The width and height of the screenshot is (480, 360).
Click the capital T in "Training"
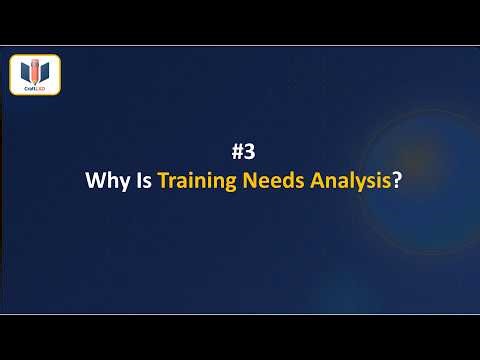[164, 184]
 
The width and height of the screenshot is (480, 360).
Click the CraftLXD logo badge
[35, 76]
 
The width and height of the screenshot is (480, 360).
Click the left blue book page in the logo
[25, 72]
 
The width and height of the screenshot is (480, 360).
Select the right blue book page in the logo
[46, 72]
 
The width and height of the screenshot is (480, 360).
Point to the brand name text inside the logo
[35, 88]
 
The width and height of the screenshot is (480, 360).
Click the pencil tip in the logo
[35, 81]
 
